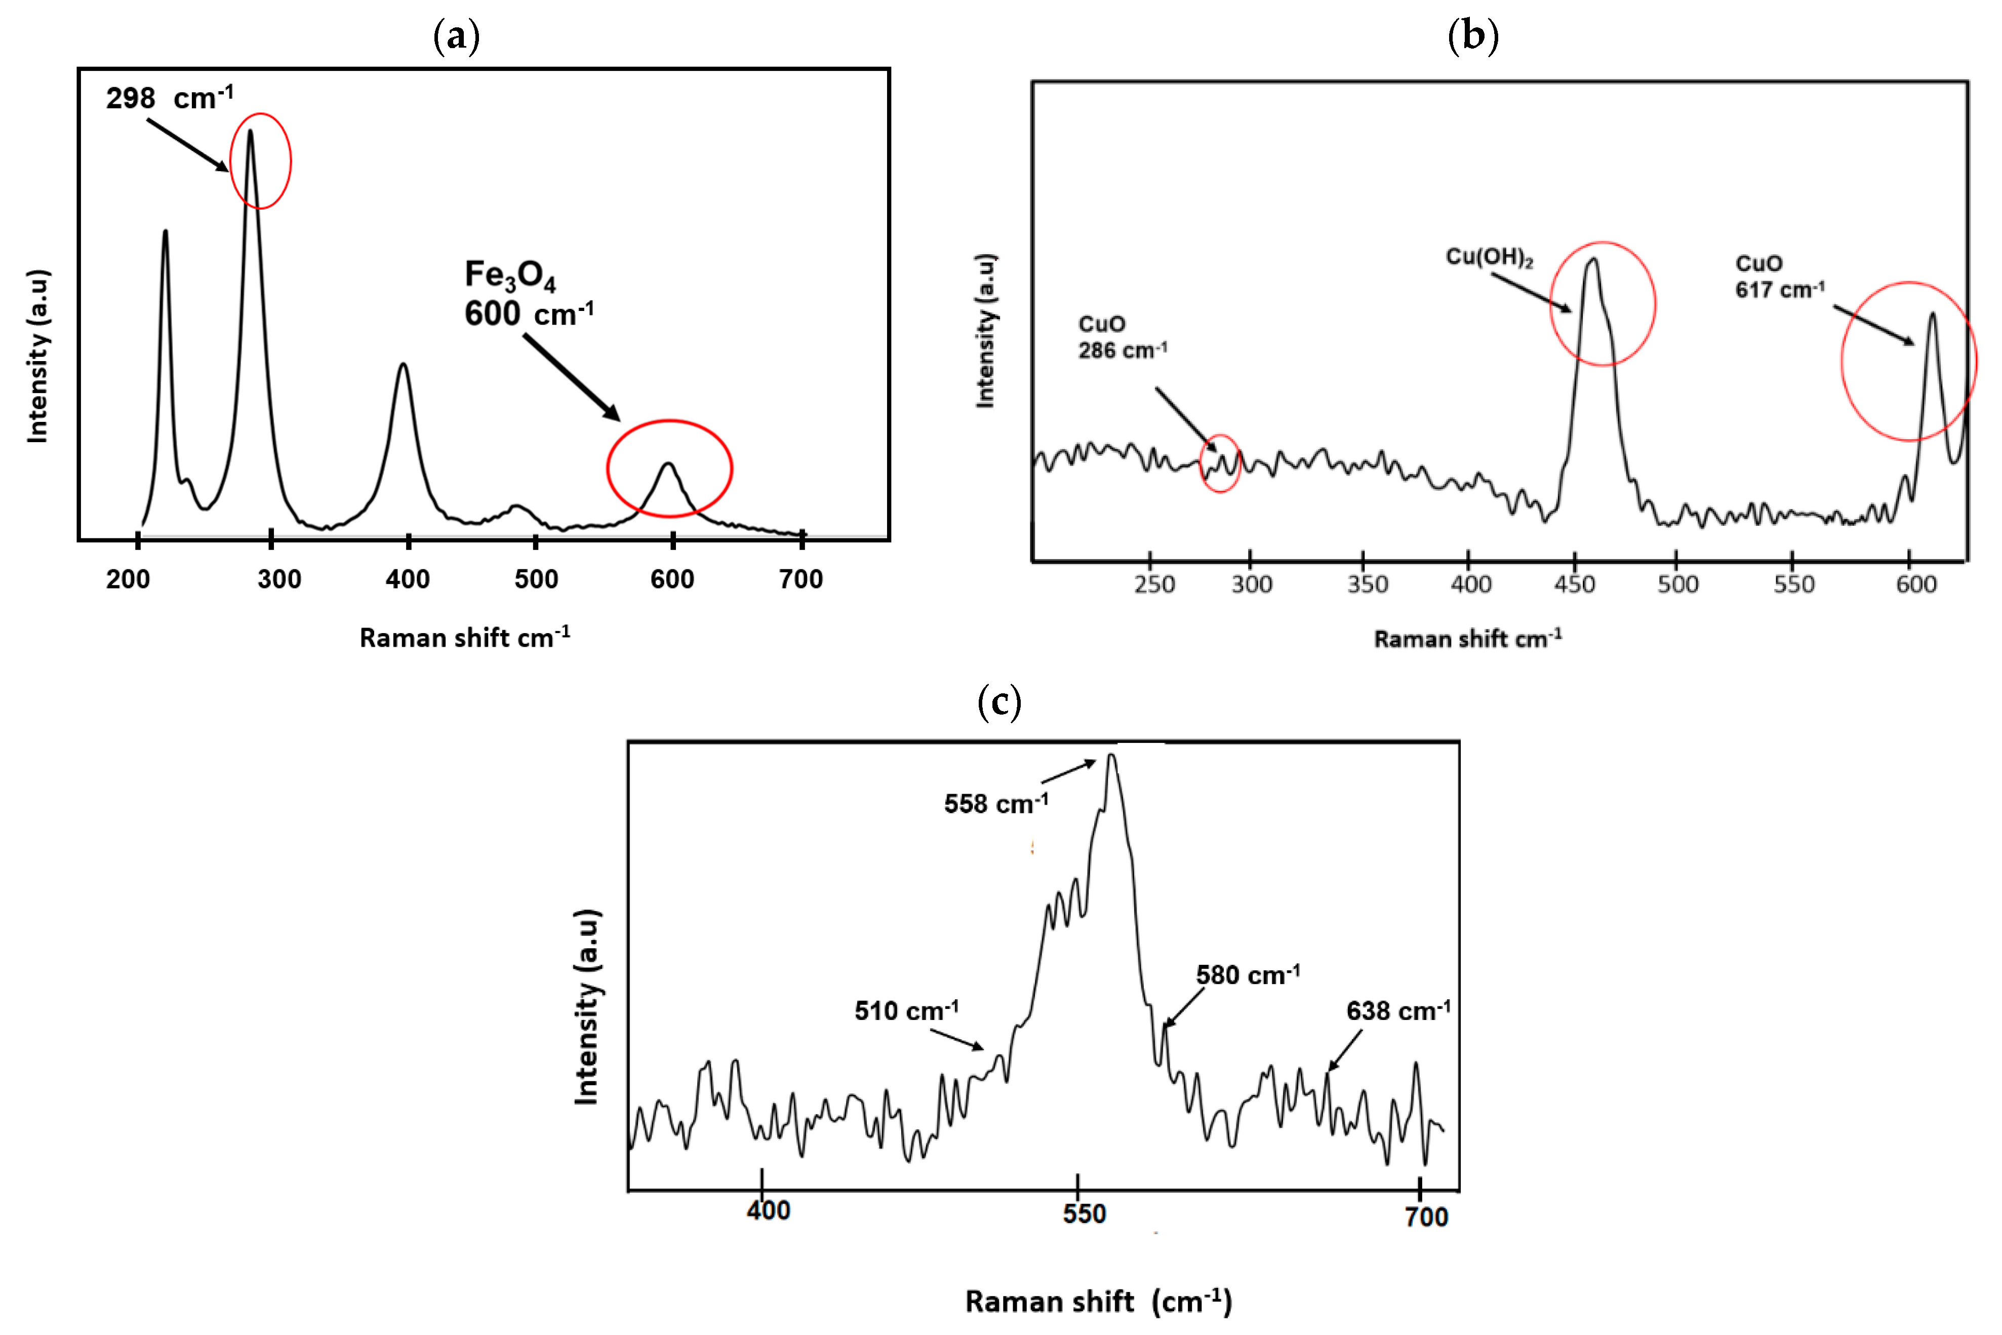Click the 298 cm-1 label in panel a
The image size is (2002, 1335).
pyautogui.click(x=170, y=98)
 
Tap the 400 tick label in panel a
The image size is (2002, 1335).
pyautogui.click(x=408, y=580)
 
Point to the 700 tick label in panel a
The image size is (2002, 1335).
pyautogui.click(x=801, y=580)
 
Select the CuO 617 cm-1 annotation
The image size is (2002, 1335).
pyautogui.click(x=1779, y=277)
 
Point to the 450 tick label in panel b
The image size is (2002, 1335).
pyautogui.click(x=1574, y=584)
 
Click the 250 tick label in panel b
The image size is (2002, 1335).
pyautogui.click(x=1154, y=584)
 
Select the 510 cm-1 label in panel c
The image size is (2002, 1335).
pyautogui.click(x=906, y=1010)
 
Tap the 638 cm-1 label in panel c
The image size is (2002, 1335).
pyautogui.click(x=1397, y=1010)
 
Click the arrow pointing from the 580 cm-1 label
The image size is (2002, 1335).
pyautogui.click(x=1185, y=1007)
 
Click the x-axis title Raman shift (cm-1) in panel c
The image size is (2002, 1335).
pyautogui.click(x=1098, y=1301)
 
